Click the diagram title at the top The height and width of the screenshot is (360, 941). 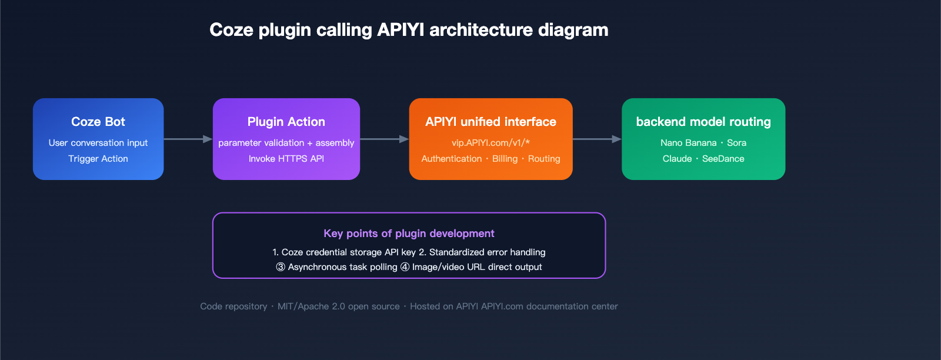point(409,30)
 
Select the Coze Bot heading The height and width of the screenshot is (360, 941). point(98,122)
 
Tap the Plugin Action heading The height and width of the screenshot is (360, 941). point(286,122)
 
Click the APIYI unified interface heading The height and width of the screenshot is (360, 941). point(490,122)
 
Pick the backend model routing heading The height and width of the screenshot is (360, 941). point(703,122)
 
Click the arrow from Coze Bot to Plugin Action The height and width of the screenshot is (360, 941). point(188,139)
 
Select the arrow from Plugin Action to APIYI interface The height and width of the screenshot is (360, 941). point(384,139)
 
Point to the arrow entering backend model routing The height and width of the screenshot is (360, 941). point(597,139)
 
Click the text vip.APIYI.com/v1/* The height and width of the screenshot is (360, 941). point(490,143)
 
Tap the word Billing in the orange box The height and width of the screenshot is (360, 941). point(505,159)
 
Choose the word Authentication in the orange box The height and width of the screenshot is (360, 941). point(451,159)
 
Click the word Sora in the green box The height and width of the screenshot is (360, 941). point(736,143)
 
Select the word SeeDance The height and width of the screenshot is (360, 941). point(723,159)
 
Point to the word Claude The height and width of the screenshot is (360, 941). point(677,159)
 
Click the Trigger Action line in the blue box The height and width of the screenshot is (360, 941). point(98,159)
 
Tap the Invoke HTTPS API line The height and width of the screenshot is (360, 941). point(286,159)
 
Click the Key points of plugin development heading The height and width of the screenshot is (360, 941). point(409,234)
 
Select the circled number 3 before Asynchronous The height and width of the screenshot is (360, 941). point(281,267)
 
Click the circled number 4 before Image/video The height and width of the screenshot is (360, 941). point(405,267)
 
